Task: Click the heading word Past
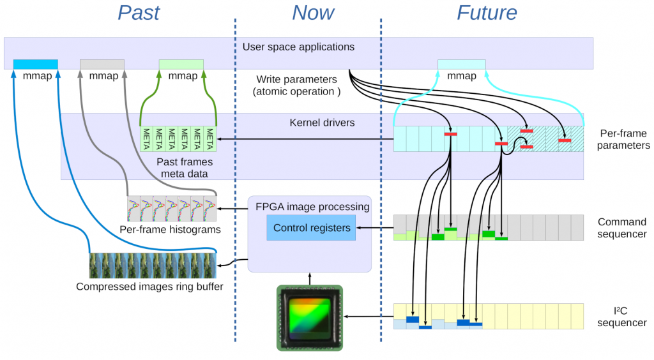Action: click(139, 13)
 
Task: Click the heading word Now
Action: click(313, 13)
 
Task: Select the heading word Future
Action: click(487, 13)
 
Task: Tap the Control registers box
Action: click(311, 228)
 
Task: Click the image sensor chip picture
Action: click(310, 318)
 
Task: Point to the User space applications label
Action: click(298, 47)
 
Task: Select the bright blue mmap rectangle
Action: click(36, 64)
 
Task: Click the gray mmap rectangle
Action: click(102, 64)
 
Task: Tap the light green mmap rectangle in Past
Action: click(181, 64)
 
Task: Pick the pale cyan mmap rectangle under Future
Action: click(461, 64)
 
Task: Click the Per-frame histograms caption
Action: click(170, 229)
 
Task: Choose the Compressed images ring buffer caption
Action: click(149, 287)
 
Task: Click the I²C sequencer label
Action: click(621, 317)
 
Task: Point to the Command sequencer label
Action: click(621, 228)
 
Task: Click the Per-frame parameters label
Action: click(625, 139)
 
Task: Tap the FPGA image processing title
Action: click(312, 207)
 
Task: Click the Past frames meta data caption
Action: click(185, 168)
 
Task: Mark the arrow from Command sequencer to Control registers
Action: click(374, 228)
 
